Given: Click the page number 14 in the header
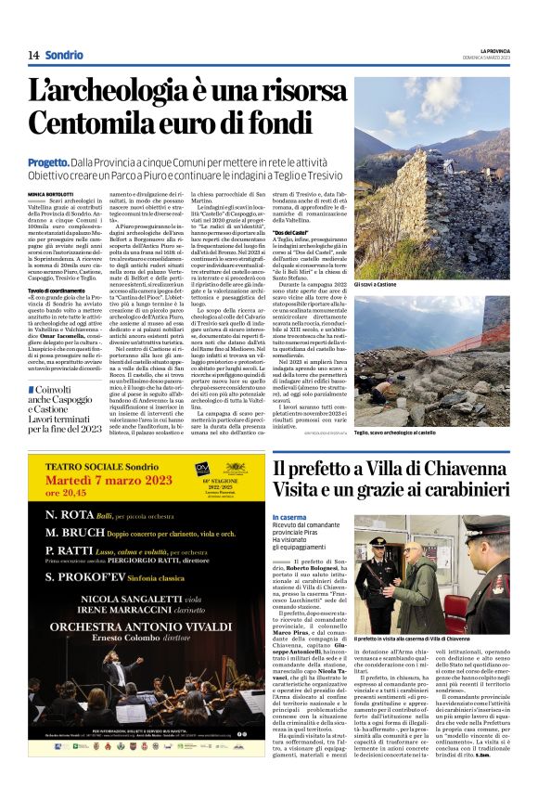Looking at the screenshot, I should coord(32,55).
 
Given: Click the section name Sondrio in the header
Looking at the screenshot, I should coord(63,55).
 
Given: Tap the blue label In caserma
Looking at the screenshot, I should coord(288,516).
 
